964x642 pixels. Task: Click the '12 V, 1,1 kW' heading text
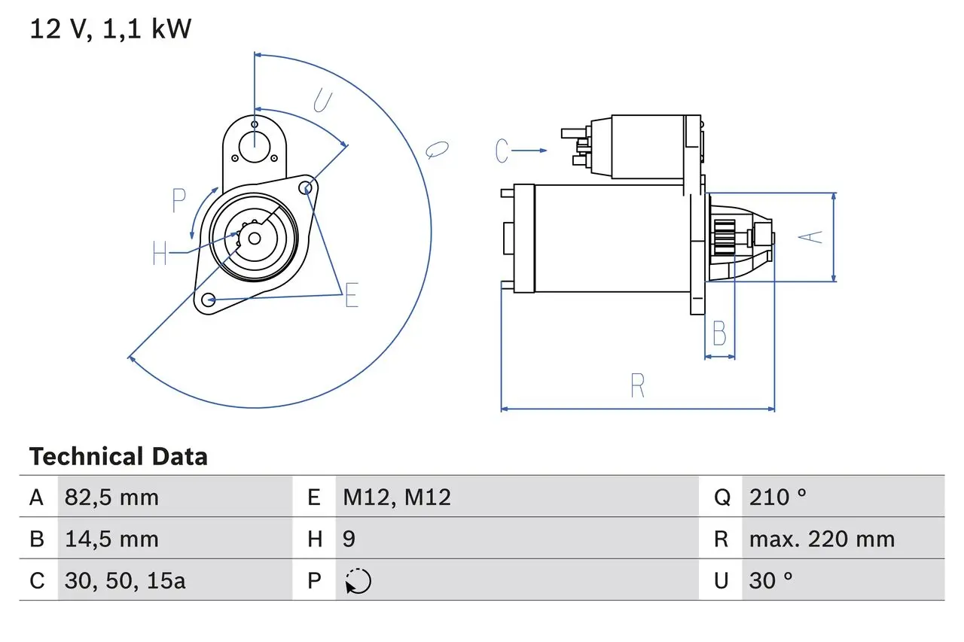point(110,29)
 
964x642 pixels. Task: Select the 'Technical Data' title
point(118,457)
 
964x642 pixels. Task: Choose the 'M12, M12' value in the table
point(397,497)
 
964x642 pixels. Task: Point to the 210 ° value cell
point(778,497)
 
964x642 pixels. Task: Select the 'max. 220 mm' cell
point(822,539)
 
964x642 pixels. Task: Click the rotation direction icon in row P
point(358,581)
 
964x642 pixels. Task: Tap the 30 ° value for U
point(770,581)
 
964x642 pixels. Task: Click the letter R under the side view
point(637,385)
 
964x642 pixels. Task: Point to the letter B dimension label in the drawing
point(719,333)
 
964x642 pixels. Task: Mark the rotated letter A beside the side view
point(810,237)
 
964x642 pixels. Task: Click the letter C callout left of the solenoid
point(502,151)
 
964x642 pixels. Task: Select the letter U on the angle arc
point(323,101)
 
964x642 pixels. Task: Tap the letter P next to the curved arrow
point(178,200)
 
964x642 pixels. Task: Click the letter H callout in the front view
point(160,253)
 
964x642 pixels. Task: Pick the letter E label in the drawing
point(352,295)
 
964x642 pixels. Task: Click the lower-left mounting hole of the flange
point(209,300)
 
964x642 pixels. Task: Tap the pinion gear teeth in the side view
point(725,238)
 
